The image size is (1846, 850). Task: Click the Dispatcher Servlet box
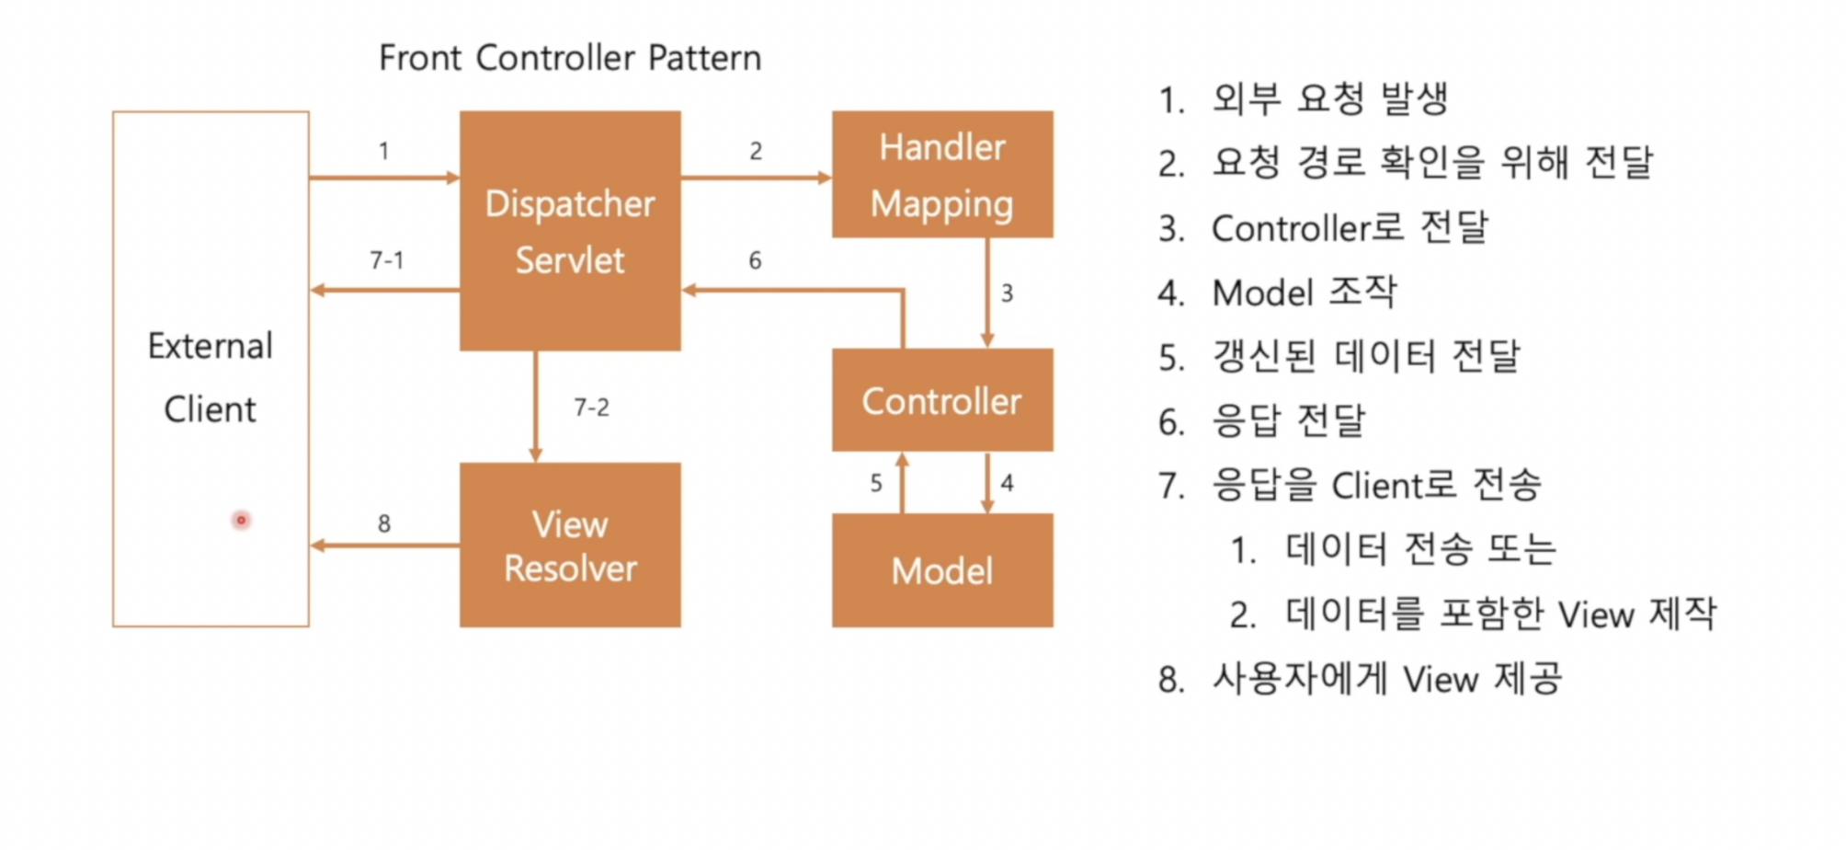pyautogui.click(x=570, y=231)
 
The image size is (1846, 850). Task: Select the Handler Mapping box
pyautogui.click(x=942, y=175)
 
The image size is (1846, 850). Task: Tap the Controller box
pyautogui.click(x=942, y=400)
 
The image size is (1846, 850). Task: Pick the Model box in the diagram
pyautogui.click(x=942, y=570)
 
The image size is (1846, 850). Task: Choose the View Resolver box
pyautogui.click(x=570, y=546)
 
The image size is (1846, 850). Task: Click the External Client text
pyautogui.click(x=211, y=377)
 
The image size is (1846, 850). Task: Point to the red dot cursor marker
pyautogui.click(x=241, y=521)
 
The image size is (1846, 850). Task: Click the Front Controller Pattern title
pyautogui.click(x=570, y=58)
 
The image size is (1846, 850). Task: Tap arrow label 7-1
pyautogui.click(x=386, y=260)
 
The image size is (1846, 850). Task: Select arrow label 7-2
pyautogui.click(x=591, y=407)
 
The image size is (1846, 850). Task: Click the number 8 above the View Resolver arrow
pyautogui.click(x=384, y=523)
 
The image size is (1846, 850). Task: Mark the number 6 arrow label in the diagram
pyautogui.click(x=755, y=260)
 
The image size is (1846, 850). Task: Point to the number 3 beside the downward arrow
pyautogui.click(x=1007, y=293)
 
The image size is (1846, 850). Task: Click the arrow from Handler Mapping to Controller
pyautogui.click(x=987, y=293)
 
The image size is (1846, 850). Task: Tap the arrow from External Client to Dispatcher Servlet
pyautogui.click(x=384, y=177)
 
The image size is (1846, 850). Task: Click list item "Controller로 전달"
pyautogui.click(x=1349, y=228)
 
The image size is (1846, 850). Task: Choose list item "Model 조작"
pyautogui.click(x=1304, y=293)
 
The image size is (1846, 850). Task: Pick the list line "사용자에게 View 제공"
pyautogui.click(x=1386, y=679)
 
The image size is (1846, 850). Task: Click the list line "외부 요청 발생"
pyautogui.click(x=1329, y=98)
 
